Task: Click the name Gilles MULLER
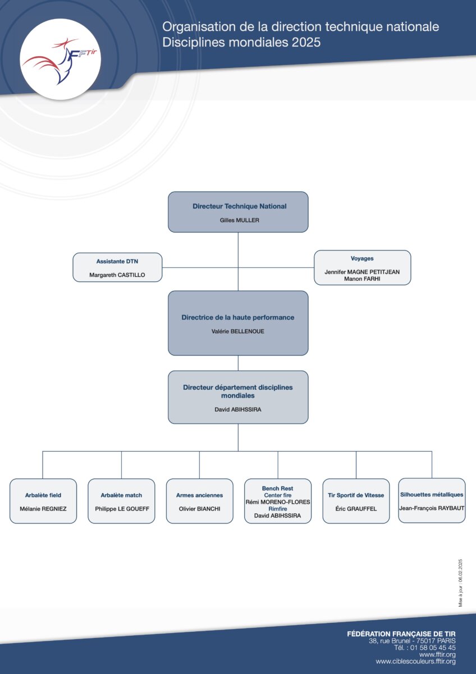(x=239, y=220)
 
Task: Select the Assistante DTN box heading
(x=117, y=261)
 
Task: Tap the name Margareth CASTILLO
(x=117, y=275)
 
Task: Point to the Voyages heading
(x=362, y=258)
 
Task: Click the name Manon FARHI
(x=362, y=279)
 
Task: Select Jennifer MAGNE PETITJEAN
(x=362, y=272)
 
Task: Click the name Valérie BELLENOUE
(x=238, y=331)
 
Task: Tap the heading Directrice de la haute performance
(x=238, y=317)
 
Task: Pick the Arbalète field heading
(x=43, y=495)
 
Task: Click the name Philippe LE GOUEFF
(x=122, y=508)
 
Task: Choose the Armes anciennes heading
(x=199, y=495)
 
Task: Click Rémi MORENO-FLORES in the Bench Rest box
(x=278, y=502)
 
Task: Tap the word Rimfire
(x=278, y=508)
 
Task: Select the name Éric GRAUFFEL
(x=356, y=508)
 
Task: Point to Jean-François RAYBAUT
(x=432, y=508)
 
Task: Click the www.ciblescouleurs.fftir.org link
(x=415, y=662)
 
